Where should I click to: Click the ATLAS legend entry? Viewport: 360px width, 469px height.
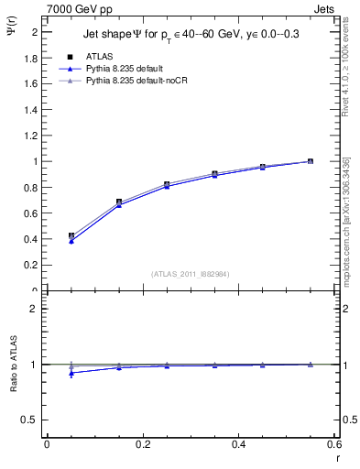98,55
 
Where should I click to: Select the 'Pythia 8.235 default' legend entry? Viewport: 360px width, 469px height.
125,68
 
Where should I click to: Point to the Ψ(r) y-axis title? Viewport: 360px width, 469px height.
11,34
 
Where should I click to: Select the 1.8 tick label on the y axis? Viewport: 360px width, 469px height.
31,58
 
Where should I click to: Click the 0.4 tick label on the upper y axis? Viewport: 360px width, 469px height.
31,240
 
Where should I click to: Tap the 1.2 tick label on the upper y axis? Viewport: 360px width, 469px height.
31,136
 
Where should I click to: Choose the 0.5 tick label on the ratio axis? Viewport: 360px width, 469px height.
31,420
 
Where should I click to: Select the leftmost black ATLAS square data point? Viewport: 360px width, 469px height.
71,235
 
